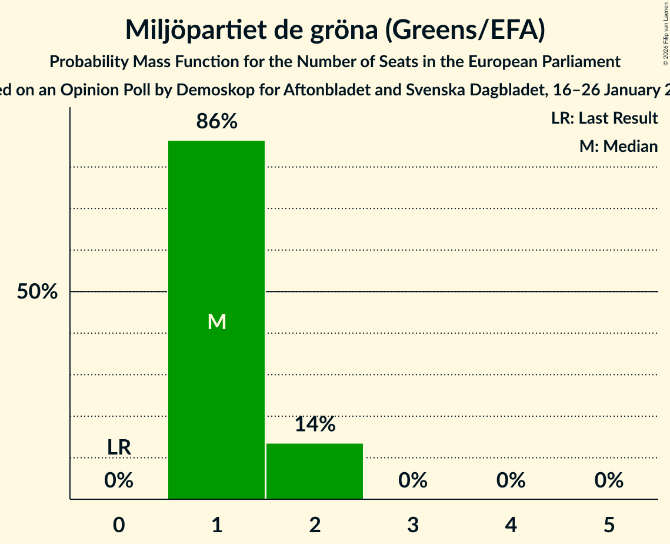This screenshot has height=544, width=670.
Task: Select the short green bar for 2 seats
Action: click(x=315, y=471)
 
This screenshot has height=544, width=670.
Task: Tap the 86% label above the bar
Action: click(x=216, y=122)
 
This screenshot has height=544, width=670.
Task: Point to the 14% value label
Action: click(x=315, y=424)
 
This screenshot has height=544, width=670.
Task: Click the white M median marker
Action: click(x=216, y=321)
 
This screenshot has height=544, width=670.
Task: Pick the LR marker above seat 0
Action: click(x=119, y=447)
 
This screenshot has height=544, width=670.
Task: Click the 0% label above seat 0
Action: click(x=119, y=480)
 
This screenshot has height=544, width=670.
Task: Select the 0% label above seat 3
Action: click(x=413, y=480)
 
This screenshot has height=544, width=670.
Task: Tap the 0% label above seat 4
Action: click(x=511, y=480)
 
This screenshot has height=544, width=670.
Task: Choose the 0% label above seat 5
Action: click(x=609, y=480)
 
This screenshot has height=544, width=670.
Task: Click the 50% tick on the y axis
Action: click(x=37, y=291)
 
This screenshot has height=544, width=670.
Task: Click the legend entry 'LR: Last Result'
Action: click(x=604, y=118)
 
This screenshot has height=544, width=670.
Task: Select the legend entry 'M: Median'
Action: click(x=618, y=146)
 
